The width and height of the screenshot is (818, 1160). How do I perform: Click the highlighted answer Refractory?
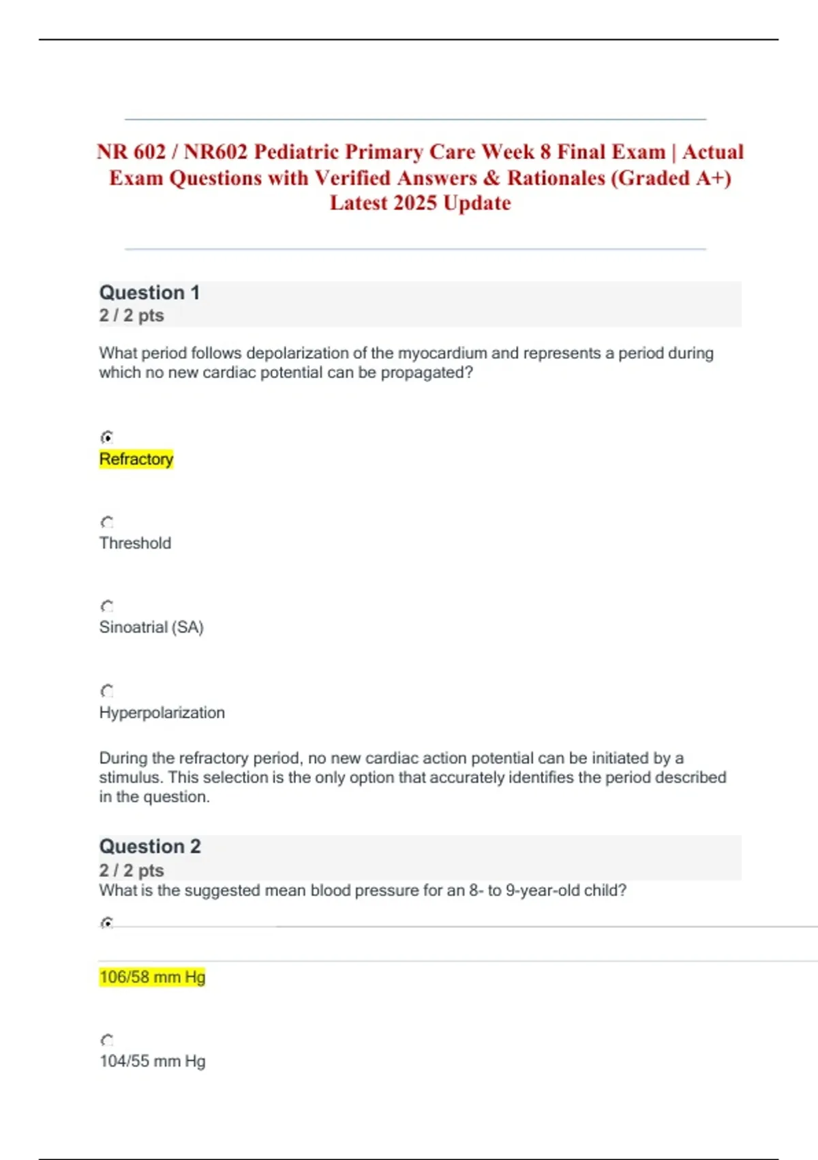tap(136, 459)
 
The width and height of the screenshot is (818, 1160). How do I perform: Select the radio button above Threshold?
tap(107, 523)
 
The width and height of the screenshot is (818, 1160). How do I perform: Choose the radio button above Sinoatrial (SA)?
tap(107, 607)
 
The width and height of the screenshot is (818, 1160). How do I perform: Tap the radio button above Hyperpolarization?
tap(107, 691)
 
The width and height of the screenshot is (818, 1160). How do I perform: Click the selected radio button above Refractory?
tap(107, 437)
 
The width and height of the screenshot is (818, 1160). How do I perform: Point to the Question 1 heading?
tap(149, 293)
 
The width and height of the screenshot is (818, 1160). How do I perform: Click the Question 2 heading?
tap(150, 847)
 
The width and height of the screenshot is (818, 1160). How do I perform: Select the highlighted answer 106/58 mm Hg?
tap(152, 977)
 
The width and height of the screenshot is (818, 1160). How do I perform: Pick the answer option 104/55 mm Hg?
tap(152, 1061)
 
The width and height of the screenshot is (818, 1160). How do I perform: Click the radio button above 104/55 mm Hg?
tap(107, 1041)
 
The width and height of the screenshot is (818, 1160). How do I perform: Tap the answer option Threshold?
tap(135, 543)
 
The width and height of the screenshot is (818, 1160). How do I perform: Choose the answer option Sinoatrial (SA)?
tap(151, 627)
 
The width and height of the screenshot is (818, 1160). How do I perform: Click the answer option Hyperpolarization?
tap(162, 712)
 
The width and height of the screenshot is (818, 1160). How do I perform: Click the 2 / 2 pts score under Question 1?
tap(132, 315)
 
